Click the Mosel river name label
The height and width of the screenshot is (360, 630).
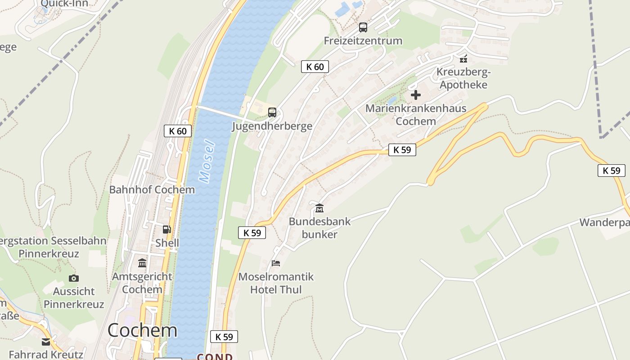[x=207, y=162]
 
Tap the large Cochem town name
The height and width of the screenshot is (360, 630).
[x=142, y=330]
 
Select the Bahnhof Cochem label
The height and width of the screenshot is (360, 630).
[x=152, y=189]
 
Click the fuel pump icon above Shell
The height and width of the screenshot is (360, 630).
[x=167, y=229]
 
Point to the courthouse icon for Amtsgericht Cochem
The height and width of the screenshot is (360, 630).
[x=142, y=263]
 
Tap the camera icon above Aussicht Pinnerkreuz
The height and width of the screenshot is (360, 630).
[x=74, y=278]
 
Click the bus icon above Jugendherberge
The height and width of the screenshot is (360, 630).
[x=272, y=112]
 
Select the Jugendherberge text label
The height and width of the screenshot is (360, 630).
[x=272, y=126]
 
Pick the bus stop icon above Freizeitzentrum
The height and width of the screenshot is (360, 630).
[x=363, y=27]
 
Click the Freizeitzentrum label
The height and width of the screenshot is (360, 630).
[x=363, y=40]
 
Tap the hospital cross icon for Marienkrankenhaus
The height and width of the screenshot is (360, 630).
[x=416, y=95]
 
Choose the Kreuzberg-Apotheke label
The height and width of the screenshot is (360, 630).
[x=463, y=78]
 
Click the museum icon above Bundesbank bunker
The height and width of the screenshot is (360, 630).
[x=319, y=208]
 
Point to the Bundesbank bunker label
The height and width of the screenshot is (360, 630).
[x=319, y=228]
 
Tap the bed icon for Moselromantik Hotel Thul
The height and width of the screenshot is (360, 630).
[x=276, y=263]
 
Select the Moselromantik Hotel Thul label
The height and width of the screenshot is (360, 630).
[x=276, y=283]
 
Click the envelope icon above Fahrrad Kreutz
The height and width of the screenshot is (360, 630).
[x=46, y=342]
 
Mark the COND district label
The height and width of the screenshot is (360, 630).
[x=215, y=356]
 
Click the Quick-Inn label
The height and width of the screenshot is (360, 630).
[x=64, y=4]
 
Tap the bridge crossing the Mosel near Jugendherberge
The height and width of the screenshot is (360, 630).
[x=220, y=112]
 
